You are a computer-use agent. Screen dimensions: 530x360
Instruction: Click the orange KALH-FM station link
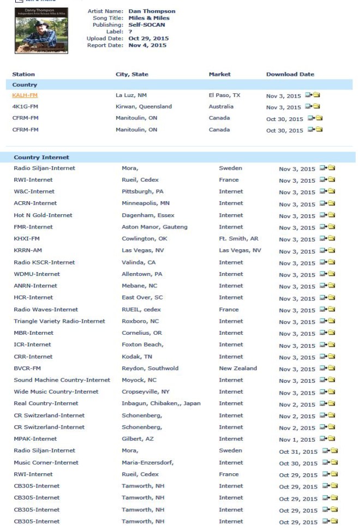coord(25,95)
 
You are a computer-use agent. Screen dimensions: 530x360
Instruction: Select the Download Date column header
coord(290,74)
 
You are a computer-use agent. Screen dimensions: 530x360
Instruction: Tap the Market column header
coord(219,74)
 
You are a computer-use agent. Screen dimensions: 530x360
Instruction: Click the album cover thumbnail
coord(41,31)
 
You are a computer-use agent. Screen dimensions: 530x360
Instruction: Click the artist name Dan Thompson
coord(152,11)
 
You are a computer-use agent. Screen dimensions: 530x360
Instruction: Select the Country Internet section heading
coord(41,158)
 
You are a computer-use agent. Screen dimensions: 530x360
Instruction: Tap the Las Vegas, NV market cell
coord(239,251)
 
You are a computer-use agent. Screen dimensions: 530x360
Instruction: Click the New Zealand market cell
coord(237,369)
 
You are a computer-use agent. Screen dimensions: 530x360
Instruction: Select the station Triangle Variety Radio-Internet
coord(59,322)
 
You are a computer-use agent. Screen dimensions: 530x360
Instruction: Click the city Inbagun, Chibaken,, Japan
coord(160,404)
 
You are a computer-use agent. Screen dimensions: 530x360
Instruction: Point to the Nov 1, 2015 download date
coord(297,439)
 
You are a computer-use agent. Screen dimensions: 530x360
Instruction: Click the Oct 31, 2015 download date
coord(298,451)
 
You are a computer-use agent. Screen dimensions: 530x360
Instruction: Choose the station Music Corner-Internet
coord(46,463)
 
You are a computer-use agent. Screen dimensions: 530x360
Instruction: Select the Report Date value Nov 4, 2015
coord(147,45)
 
